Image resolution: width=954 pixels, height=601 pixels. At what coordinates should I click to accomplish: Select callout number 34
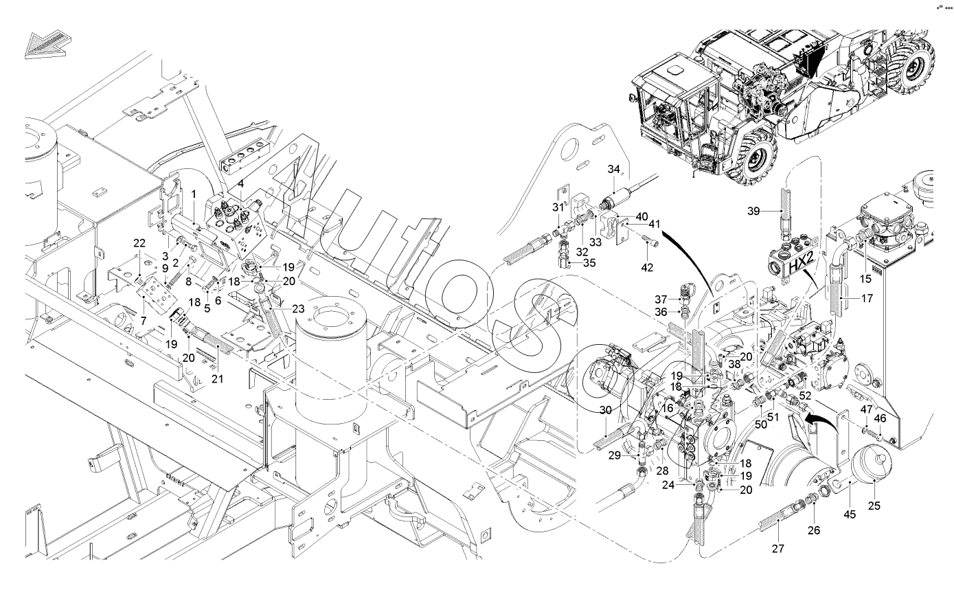pos(614,169)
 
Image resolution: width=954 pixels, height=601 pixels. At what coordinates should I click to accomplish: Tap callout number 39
pos(753,211)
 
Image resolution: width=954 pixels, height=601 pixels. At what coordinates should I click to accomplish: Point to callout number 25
pos(874,506)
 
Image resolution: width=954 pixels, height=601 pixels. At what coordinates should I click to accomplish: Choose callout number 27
pos(778,549)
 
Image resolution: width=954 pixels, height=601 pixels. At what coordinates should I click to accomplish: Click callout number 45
pos(850,514)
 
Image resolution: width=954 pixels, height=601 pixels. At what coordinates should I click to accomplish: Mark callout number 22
pos(139,243)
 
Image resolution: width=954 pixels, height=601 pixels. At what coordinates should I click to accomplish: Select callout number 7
pos(143,320)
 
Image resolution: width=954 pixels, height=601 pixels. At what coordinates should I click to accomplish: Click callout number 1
pos(194,194)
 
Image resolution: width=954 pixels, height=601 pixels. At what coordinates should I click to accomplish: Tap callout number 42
pos(647,267)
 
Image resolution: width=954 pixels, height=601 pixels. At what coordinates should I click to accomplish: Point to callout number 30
pos(606,410)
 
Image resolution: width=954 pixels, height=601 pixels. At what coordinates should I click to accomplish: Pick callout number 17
pos(867,299)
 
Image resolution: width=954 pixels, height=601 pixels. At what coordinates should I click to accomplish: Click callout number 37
pos(661,299)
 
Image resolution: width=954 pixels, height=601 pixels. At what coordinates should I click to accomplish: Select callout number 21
pos(217,378)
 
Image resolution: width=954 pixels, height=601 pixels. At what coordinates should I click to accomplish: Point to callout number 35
pos(589,263)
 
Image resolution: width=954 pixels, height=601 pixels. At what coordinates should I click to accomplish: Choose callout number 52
pos(805,396)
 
